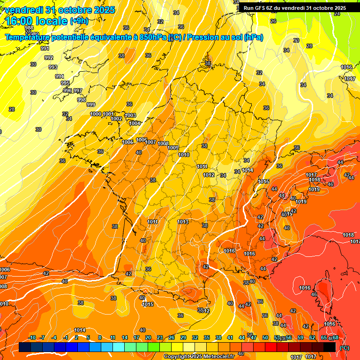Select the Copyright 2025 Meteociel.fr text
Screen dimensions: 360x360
[199, 357]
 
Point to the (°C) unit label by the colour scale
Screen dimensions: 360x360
[345, 348]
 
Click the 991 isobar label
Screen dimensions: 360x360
[45, 48]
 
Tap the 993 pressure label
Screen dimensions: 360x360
[53, 67]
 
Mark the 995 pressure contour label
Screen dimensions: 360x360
[65, 83]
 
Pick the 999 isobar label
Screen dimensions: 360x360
[91, 105]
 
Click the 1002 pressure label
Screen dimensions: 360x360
[116, 119]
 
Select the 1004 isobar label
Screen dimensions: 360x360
[135, 123]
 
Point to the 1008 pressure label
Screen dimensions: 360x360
[163, 143]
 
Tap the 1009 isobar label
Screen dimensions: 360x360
[173, 148]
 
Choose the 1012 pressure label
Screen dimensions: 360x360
[209, 175]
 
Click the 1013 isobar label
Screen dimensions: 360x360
[183, 222]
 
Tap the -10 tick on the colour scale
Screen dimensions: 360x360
[32, 337]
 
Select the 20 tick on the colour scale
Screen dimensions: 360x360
[148, 337]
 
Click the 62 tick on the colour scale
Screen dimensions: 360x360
[312, 337]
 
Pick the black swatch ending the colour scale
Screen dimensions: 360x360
[330, 347]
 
